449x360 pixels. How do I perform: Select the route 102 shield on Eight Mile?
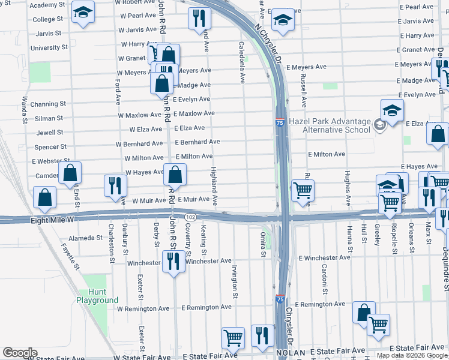coord(190,217)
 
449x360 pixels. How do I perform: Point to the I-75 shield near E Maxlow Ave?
coord(280,122)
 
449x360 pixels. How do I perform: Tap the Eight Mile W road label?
coord(52,221)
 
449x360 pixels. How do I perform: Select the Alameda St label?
coord(85,238)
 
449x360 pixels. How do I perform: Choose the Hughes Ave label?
coord(348,185)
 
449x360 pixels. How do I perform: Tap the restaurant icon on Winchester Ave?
coord(174,261)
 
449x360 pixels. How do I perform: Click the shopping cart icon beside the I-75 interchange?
coord(303,191)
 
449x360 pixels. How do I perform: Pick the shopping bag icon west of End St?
coord(44,197)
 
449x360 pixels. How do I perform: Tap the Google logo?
coord(19,353)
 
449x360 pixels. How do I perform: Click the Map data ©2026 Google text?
coord(411,355)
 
